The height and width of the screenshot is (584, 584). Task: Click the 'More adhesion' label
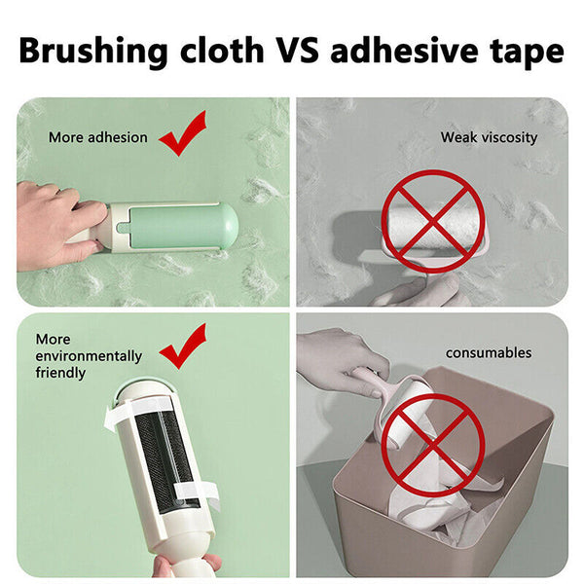pyautogui.click(x=98, y=137)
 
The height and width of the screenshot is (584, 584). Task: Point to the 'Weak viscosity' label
pyautogui.click(x=489, y=137)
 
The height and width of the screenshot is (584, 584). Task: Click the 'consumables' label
pyautogui.click(x=489, y=352)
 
